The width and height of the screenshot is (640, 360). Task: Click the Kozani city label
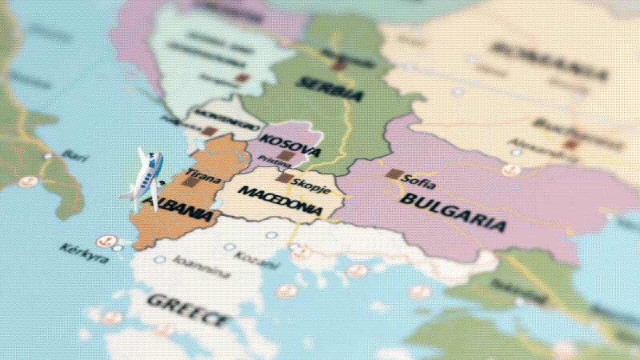click(257, 259)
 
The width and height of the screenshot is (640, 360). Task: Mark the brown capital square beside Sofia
click(393, 174)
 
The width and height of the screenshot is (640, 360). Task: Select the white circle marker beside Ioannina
click(160, 260)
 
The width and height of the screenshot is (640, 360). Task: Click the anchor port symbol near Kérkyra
click(104, 241)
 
